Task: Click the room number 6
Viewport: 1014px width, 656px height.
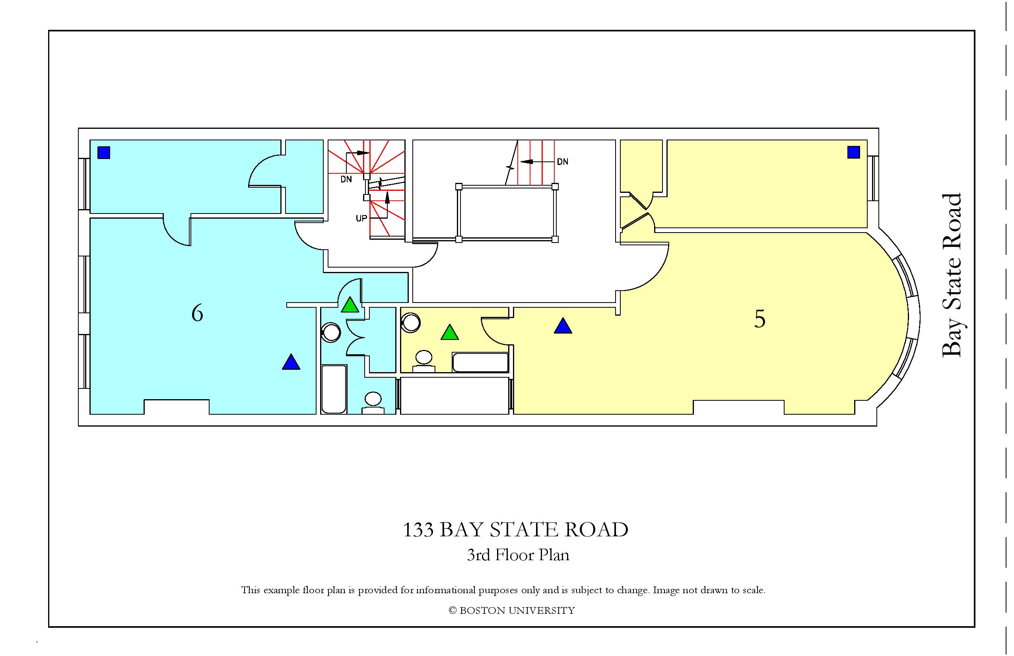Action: pos(197,314)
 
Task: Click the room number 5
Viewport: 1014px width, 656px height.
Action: pos(760,318)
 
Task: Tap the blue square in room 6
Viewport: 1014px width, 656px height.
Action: pos(104,153)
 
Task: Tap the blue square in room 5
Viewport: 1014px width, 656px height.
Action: pos(853,152)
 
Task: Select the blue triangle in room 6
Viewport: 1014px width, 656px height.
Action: pos(291,363)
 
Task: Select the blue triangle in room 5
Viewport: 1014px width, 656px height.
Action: pos(563,326)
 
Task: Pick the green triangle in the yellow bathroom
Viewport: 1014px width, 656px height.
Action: pos(449,333)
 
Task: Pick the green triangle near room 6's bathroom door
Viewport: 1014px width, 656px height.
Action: pos(350,305)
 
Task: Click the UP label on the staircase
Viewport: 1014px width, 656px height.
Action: pos(361,219)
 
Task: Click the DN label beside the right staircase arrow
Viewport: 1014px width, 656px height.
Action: pos(562,162)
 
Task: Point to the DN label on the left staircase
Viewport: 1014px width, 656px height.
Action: pos(346,179)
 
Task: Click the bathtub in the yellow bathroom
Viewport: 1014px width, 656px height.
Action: pos(480,363)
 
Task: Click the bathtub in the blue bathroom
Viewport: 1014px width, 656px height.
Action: pos(334,389)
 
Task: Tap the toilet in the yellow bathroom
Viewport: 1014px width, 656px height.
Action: pos(423,361)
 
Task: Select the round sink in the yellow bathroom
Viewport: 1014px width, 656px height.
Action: pos(411,322)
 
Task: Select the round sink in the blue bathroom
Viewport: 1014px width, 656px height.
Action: pos(330,333)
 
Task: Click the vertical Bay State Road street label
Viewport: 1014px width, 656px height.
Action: pos(951,275)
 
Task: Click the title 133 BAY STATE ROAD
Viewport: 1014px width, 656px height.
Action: pos(515,530)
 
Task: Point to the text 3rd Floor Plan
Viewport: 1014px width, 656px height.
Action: pos(518,555)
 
